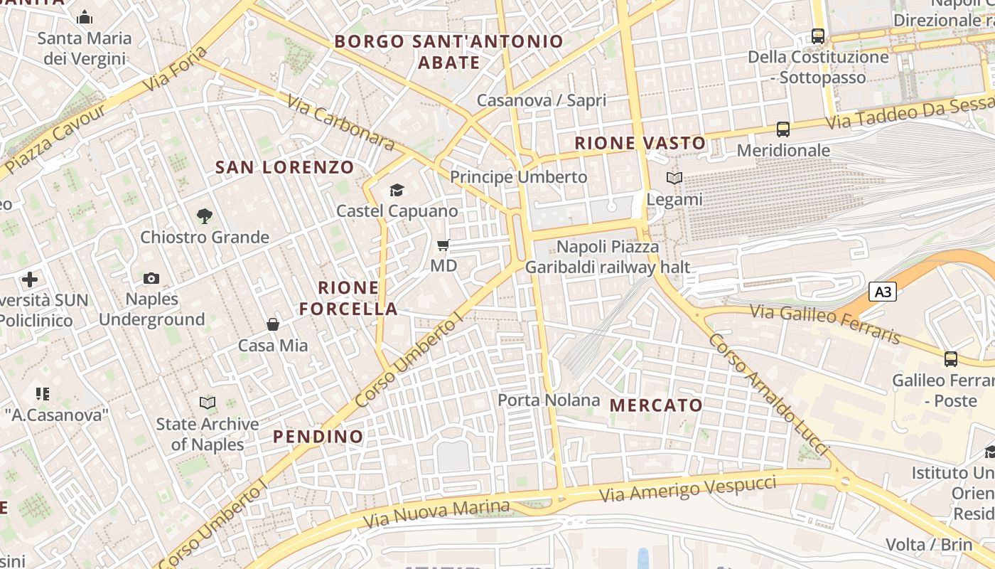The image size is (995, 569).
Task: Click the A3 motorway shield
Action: [x=882, y=292]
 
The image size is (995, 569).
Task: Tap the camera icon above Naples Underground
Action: [x=151, y=278]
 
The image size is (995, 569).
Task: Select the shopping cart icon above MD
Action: [x=443, y=245]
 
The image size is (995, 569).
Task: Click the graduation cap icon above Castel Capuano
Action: [x=397, y=190]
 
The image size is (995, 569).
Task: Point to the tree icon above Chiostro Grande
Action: [x=205, y=216]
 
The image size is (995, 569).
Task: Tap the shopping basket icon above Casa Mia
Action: [x=273, y=324]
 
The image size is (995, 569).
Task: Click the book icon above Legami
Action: [x=674, y=179]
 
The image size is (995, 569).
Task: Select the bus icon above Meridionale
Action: [x=783, y=129]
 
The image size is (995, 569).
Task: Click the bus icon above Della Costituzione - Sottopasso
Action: [x=818, y=36]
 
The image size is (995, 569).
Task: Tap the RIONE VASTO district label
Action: [x=640, y=143]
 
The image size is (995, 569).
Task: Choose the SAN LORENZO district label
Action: [x=284, y=168]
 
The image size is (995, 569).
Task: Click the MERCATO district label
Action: [x=657, y=405]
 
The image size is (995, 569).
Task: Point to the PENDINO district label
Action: [x=318, y=436]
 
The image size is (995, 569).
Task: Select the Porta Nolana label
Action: [x=549, y=400]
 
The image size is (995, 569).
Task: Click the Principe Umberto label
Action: [x=519, y=177]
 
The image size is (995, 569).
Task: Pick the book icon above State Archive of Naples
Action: [x=208, y=403]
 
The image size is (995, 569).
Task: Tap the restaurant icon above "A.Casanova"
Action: [x=43, y=393]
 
